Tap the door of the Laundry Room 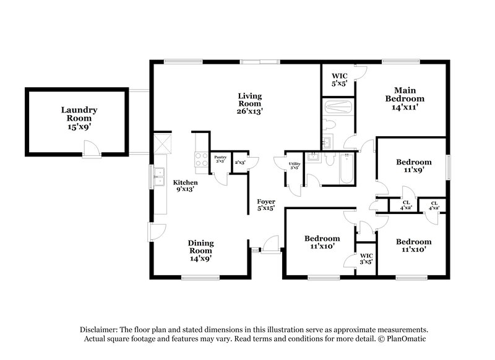point(90,148)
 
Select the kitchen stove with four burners point(202,160)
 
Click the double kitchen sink point(159,174)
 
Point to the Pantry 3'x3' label point(220,160)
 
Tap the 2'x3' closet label point(240,162)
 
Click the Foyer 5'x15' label point(266,205)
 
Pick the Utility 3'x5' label point(295,166)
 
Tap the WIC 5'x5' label point(338,80)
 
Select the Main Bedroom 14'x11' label point(405,98)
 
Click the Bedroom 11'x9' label point(413,166)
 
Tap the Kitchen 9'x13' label point(185,186)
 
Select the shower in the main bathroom point(338,108)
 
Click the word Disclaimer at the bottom point(98,330)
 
